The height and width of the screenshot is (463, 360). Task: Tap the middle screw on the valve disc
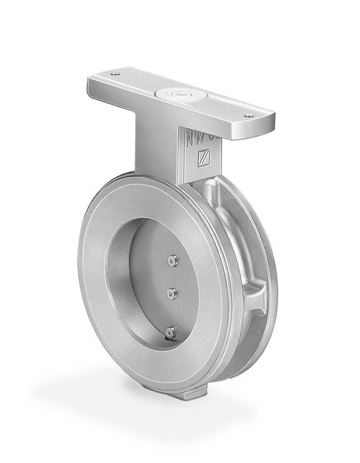point(171,294)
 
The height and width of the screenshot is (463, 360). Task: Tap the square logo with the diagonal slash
point(205,158)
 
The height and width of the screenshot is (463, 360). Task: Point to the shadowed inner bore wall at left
point(118,279)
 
